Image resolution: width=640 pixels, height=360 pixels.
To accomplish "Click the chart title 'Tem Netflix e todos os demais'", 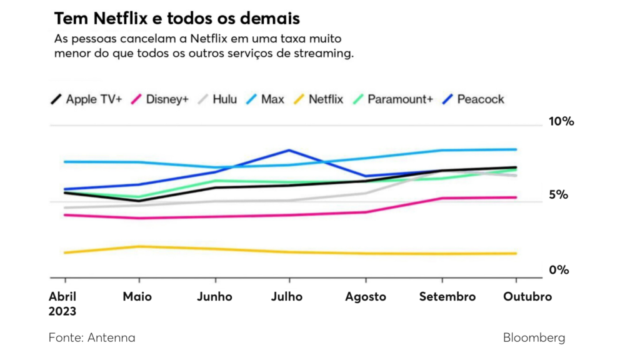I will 177,18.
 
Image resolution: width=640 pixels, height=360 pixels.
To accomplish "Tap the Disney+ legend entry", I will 161,99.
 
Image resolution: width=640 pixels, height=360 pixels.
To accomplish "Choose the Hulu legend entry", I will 217,99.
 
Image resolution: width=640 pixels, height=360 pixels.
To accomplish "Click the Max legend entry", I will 266,99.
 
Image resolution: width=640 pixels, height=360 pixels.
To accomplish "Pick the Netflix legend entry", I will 319,99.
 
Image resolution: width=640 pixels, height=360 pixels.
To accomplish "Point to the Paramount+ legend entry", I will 392,99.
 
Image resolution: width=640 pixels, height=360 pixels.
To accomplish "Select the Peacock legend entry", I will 472,99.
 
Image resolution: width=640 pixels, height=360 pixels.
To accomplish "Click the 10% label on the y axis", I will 561,121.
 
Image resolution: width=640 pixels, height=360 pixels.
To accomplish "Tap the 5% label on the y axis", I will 558,195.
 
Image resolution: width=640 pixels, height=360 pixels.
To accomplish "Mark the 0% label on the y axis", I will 559,270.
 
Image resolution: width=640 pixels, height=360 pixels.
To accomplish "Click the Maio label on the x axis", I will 137,297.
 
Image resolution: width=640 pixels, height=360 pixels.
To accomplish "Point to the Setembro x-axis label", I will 446,297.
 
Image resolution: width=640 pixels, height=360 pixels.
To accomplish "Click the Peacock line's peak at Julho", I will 289,150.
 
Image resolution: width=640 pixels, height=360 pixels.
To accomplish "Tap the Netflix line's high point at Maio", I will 139,246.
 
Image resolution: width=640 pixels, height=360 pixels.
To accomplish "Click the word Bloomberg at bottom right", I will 534,338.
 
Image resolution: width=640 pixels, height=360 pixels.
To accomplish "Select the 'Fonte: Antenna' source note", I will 92,338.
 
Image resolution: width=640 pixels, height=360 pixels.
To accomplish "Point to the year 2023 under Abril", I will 62,311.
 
